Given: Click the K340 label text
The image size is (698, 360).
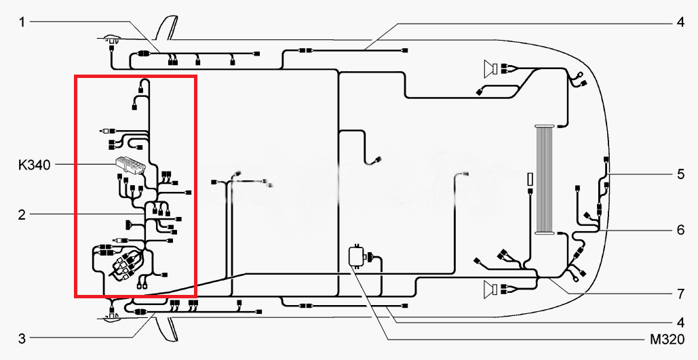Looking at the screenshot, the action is point(35,165).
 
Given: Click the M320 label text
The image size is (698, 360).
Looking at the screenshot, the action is point(667,340).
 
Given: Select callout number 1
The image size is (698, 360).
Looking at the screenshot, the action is point(22,22).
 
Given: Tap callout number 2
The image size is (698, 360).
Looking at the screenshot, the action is point(22,216).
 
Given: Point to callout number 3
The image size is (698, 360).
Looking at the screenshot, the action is point(22,338).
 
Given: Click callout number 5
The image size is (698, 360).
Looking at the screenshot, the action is point(680,174).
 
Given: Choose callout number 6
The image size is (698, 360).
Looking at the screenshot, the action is point(680,230).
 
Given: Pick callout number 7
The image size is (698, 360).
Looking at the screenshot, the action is point(680,294).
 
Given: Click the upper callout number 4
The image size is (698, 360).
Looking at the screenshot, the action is point(680,22).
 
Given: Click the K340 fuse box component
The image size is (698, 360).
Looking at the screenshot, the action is point(130,164).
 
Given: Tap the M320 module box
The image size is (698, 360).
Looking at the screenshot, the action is point(357,257).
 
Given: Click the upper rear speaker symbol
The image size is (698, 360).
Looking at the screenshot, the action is point(490,68).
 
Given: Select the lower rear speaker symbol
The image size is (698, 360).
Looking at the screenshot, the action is point(490,289).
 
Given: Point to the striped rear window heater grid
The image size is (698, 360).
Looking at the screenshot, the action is point(545,179).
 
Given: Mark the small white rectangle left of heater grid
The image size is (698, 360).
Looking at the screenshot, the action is point(530,180).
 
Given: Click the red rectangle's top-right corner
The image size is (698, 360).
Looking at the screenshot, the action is point(195,76).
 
